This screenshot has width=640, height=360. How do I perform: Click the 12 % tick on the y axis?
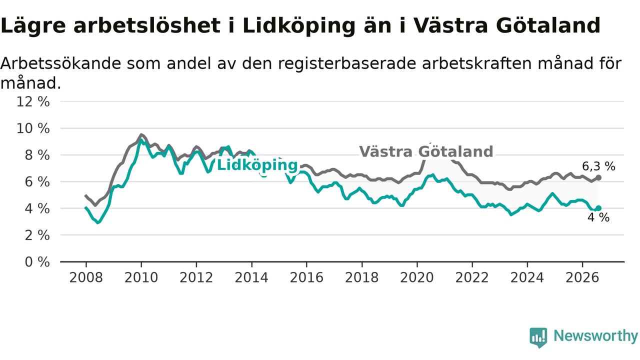(x=33, y=101)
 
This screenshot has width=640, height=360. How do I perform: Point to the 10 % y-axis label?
(x=33, y=128)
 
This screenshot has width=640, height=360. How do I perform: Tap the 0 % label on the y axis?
(x=37, y=262)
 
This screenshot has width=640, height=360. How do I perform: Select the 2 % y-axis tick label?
(x=37, y=235)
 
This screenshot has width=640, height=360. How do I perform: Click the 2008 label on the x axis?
(x=86, y=277)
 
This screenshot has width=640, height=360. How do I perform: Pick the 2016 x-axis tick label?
(x=306, y=277)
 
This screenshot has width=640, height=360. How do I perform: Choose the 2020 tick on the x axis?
(x=417, y=277)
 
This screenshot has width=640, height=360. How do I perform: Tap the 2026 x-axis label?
(x=582, y=277)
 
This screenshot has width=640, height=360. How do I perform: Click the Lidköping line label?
(x=257, y=165)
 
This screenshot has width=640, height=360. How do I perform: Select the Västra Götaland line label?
(x=426, y=151)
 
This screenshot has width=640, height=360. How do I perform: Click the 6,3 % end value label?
(x=598, y=166)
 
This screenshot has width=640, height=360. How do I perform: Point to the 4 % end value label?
(x=598, y=217)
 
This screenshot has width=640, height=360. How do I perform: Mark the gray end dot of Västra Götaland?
(x=598, y=177)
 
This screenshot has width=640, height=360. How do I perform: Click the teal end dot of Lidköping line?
(x=598, y=208)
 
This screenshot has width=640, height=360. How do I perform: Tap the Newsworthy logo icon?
(x=538, y=337)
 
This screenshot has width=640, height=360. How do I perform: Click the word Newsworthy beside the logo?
(x=595, y=336)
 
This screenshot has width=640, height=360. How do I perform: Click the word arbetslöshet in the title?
(x=147, y=25)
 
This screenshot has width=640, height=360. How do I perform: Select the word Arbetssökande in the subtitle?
(x=61, y=63)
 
